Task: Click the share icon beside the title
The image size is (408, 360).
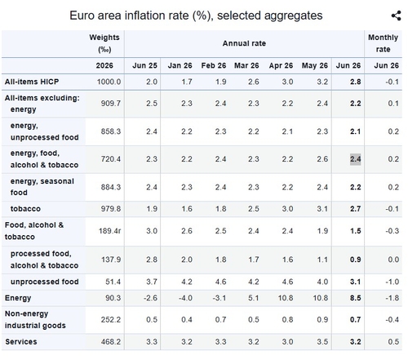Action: coord(397,16)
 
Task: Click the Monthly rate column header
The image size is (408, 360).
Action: coord(383,43)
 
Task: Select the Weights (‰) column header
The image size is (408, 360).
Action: coord(104,43)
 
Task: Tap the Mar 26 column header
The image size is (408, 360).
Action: coord(246,65)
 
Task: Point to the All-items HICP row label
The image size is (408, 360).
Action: coord(32,82)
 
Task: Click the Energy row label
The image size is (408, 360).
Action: coord(18,298)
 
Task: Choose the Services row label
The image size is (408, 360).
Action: coord(21,342)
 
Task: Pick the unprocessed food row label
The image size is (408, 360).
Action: coord(45,282)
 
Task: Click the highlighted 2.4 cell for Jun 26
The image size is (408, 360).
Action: coord(355,159)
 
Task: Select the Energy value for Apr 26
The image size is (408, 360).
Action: coord(286,298)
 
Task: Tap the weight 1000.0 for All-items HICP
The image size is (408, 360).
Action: coord(109,82)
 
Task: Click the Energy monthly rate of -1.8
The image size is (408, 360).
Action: coord(392,298)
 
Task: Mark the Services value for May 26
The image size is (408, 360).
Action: coord(322,342)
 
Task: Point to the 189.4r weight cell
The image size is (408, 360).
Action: coord(109,231)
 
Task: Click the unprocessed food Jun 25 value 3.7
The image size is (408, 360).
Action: coord(152,282)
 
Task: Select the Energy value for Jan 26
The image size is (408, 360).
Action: coord(185,298)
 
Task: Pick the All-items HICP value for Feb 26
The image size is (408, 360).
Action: coord(220,82)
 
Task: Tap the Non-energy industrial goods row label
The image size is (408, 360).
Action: coord(35,320)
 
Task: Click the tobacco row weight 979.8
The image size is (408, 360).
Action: coord(111,209)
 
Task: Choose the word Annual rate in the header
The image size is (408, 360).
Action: coord(244,43)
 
